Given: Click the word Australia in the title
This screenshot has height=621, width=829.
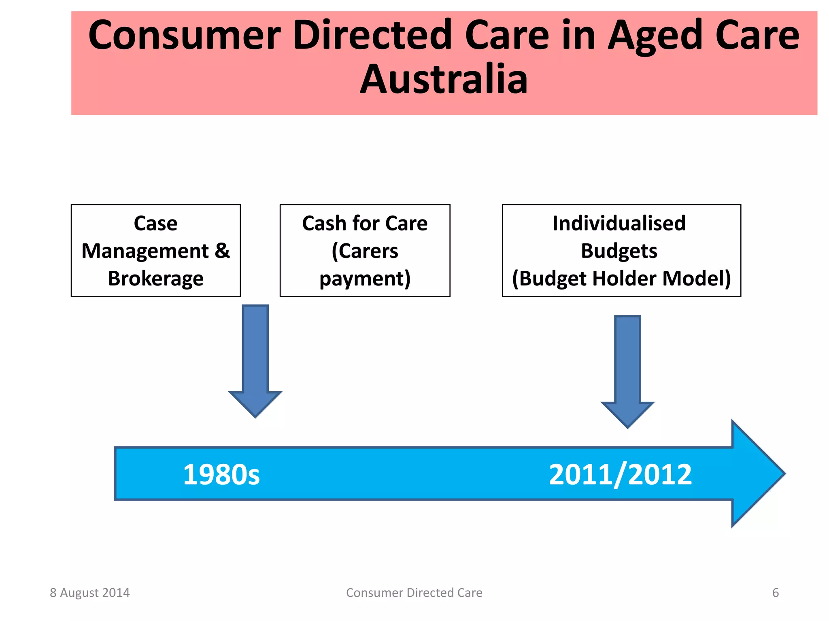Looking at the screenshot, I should click(444, 79).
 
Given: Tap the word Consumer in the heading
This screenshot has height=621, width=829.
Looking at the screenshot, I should click(184, 36).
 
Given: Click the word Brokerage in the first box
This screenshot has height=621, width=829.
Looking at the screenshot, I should click(155, 279).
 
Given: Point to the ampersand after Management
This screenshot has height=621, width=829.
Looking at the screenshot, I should click(222, 251).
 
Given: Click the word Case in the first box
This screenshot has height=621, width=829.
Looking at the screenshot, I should click(155, 223).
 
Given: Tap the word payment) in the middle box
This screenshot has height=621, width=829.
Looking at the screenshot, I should click(365, 279).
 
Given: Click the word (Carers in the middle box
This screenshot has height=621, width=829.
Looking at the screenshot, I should click(365, 251).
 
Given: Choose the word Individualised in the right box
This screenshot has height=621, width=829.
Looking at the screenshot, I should click(619, 223).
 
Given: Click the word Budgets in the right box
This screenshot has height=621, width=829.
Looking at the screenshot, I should click(619, 251).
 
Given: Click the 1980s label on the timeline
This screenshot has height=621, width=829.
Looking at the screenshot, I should click(221, 475).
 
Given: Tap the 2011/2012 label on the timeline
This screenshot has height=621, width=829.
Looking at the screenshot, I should click(620, 475).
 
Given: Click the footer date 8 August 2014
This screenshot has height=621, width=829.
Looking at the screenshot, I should click(89, 593).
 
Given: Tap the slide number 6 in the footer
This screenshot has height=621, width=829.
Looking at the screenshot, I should click(775, 593).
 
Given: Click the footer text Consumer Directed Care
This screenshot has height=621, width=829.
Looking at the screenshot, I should click(414, 593).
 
